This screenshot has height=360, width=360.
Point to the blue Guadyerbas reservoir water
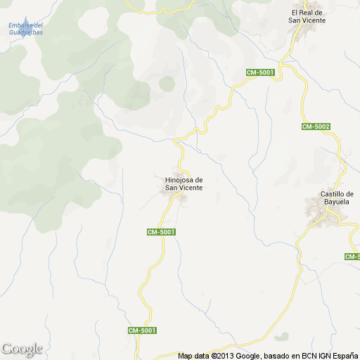pos(25,43)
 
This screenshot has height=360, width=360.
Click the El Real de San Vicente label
pos(307,16)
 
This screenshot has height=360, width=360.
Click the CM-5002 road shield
pos(316,127)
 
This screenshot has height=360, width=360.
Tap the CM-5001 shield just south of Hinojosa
pos(160,232)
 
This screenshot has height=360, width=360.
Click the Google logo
pos(22,349)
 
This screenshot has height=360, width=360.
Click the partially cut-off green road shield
pos(353,257)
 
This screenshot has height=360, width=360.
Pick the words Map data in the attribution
pos(193,356)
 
